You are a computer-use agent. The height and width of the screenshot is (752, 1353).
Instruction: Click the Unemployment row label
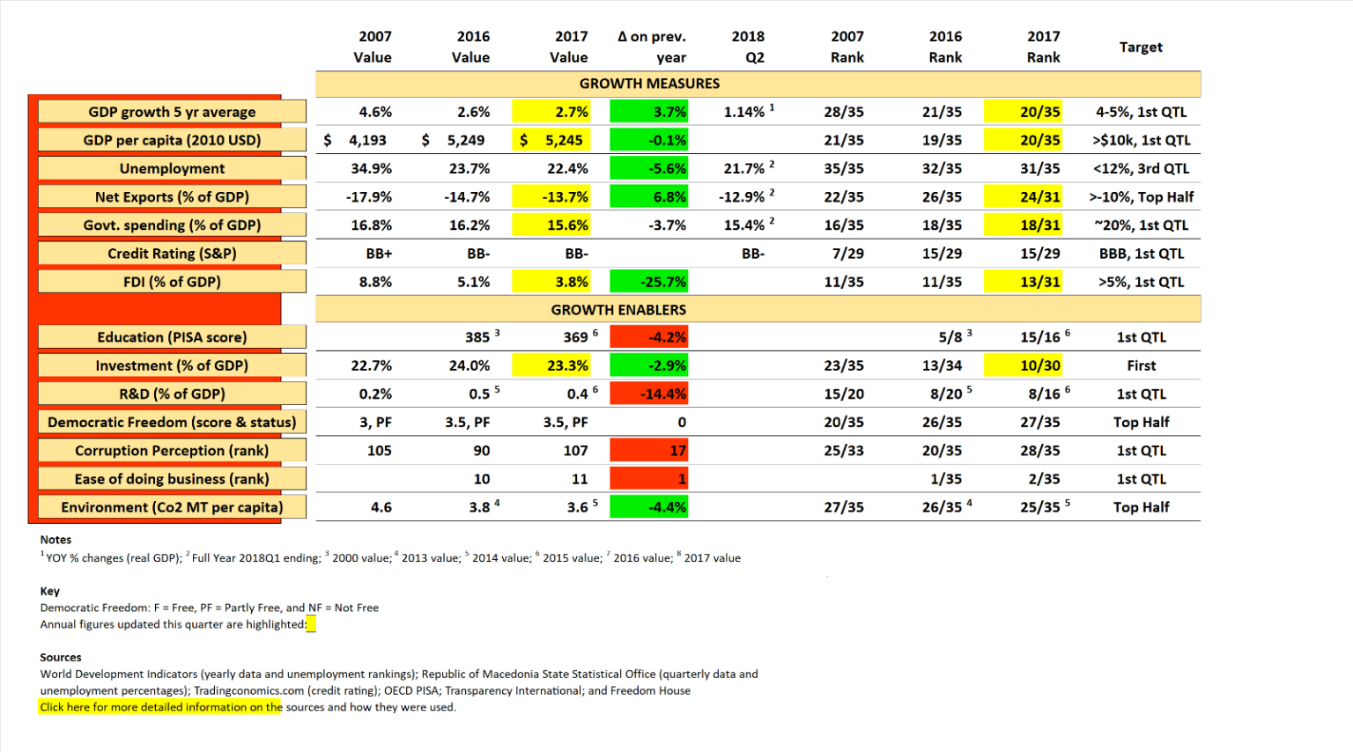coord(172,168)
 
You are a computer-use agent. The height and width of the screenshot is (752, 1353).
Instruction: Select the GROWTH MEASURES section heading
coord(649,84)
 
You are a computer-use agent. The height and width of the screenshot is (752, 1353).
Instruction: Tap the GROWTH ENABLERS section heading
coord(618,310)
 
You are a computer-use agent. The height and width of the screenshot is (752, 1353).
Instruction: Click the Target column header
coord(1141,47)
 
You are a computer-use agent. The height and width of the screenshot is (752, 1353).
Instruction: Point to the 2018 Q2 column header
coord(748,47)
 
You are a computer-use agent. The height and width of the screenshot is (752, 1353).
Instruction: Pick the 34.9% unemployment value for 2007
coord(372,168)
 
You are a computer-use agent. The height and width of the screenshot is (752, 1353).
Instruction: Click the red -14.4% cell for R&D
coord(650,394)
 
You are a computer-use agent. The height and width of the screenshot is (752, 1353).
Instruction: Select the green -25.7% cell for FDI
coord(650,282)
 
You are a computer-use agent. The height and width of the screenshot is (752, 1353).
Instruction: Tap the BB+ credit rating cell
coord(379,254)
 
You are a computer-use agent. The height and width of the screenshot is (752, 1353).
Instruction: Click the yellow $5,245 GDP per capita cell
coord(551,140)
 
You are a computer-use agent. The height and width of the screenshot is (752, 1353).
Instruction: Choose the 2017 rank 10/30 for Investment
coord(1040,365)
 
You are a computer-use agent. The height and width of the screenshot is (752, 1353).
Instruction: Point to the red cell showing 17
coord(650,451)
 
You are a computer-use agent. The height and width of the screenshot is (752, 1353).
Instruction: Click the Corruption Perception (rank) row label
coord(172,451)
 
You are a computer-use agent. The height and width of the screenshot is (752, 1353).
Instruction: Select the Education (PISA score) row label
coord(172,337)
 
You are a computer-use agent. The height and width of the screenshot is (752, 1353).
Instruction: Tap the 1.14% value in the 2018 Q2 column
coord(745,112)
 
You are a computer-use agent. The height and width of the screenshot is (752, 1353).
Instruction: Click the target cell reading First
coord(1141,365)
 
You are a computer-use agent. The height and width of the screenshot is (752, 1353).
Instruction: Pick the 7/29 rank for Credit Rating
coord(847,254)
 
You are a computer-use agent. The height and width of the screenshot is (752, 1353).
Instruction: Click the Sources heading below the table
coord(61,657)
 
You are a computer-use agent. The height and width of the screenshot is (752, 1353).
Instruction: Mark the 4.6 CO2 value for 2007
coord(381,507)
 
